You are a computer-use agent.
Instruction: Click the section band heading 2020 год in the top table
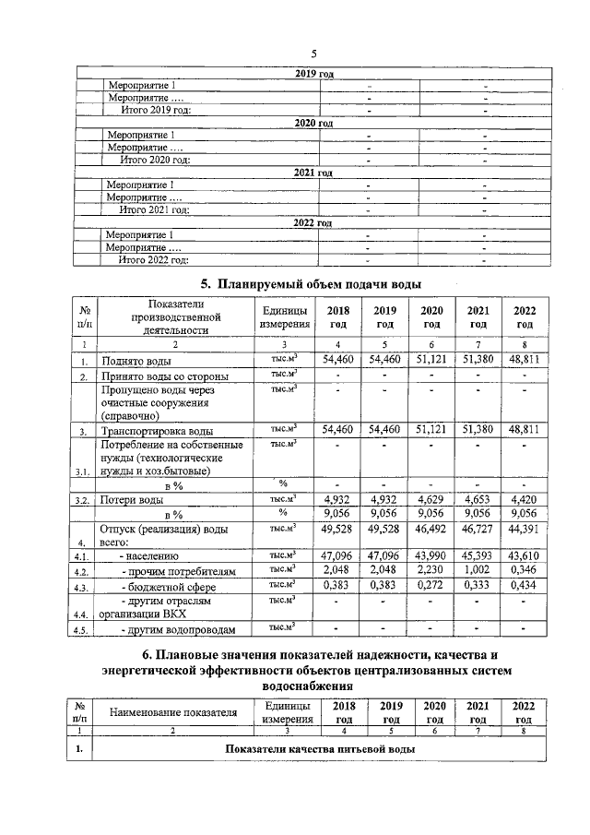[313, 123]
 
